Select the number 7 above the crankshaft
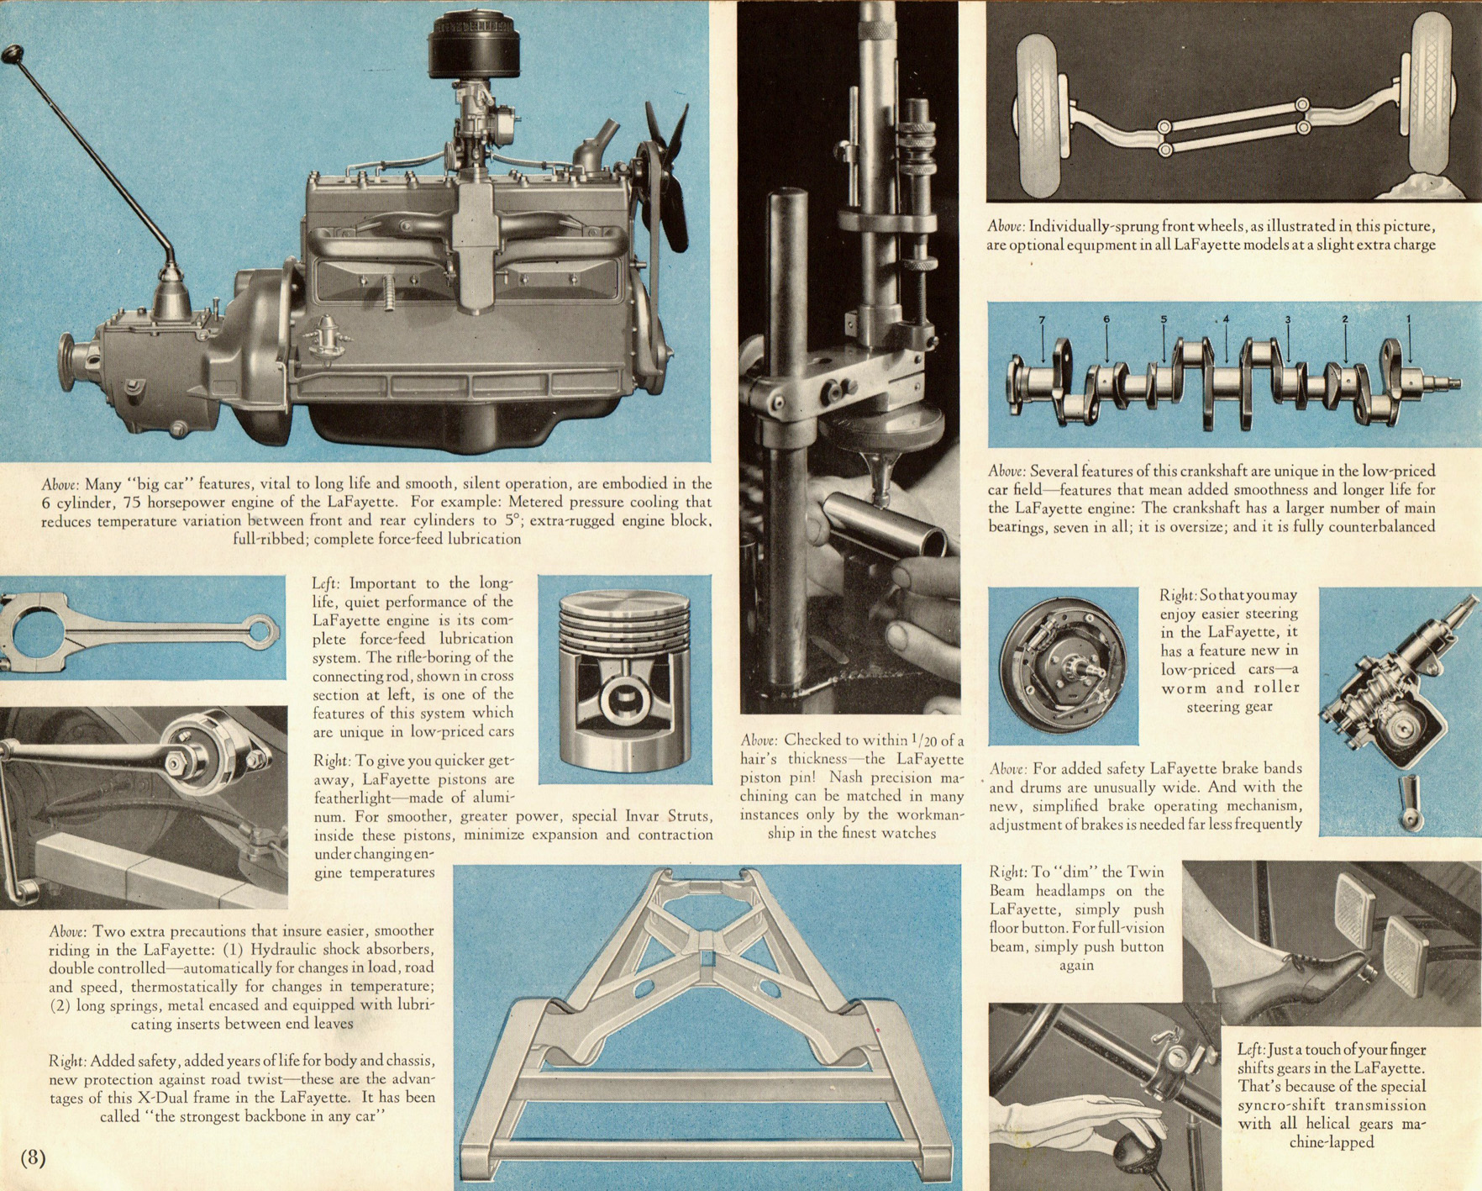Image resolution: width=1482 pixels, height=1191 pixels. click(x=1042, y=320)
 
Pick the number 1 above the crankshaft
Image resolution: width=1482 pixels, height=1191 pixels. click(x=1409, y=319)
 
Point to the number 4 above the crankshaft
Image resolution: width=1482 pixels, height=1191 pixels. click(x=1226, y=319)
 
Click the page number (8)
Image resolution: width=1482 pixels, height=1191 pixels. click(x=33, y=1157)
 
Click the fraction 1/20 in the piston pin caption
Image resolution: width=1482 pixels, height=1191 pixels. click(x=928, y=740)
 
